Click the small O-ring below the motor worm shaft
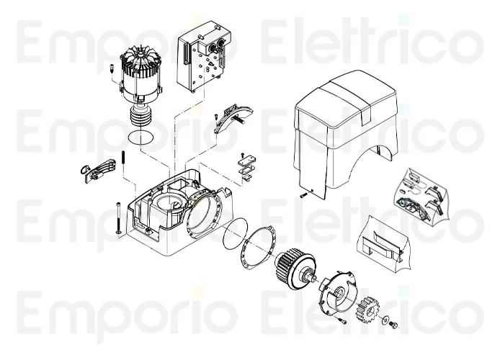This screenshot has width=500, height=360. point(140,137)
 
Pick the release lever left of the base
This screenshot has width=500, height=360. point(97,170)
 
